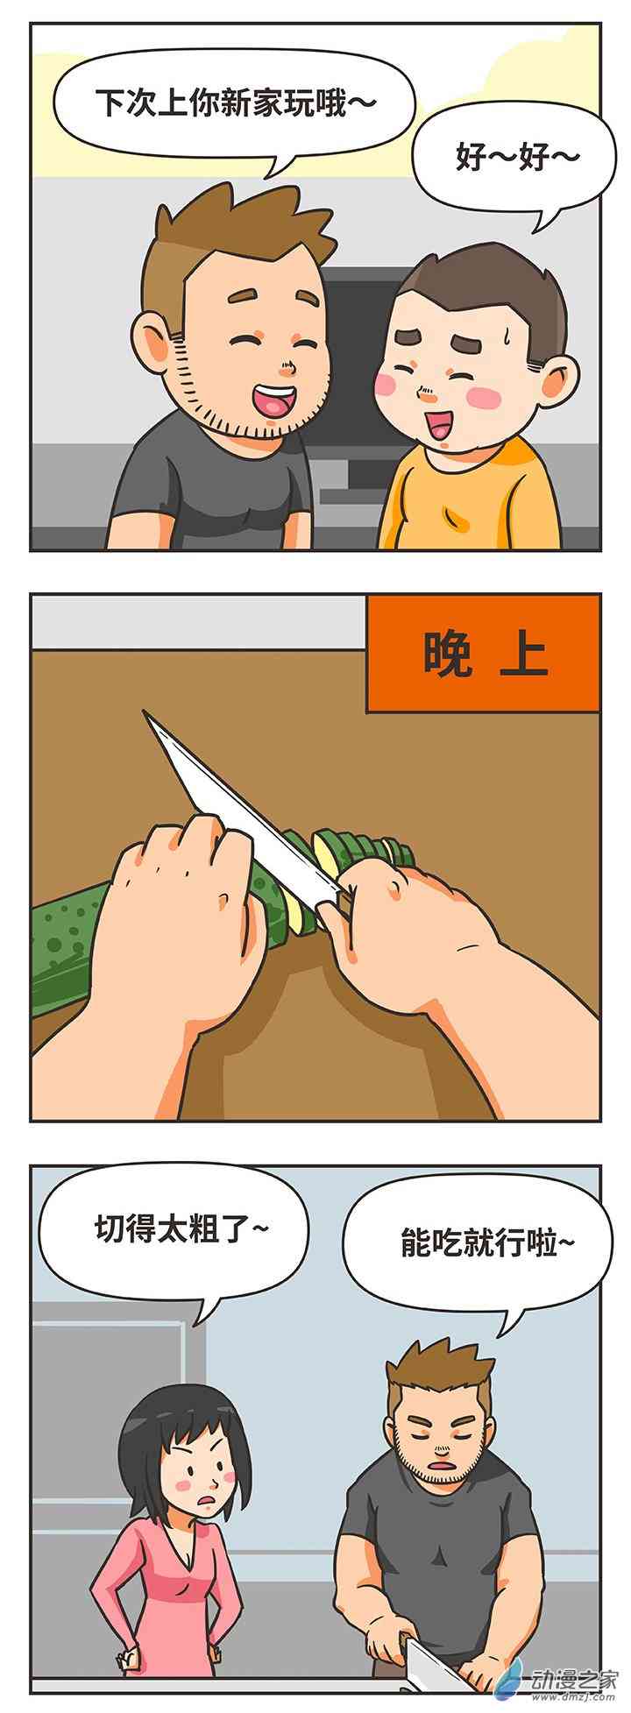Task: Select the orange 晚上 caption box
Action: [484, 654]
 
